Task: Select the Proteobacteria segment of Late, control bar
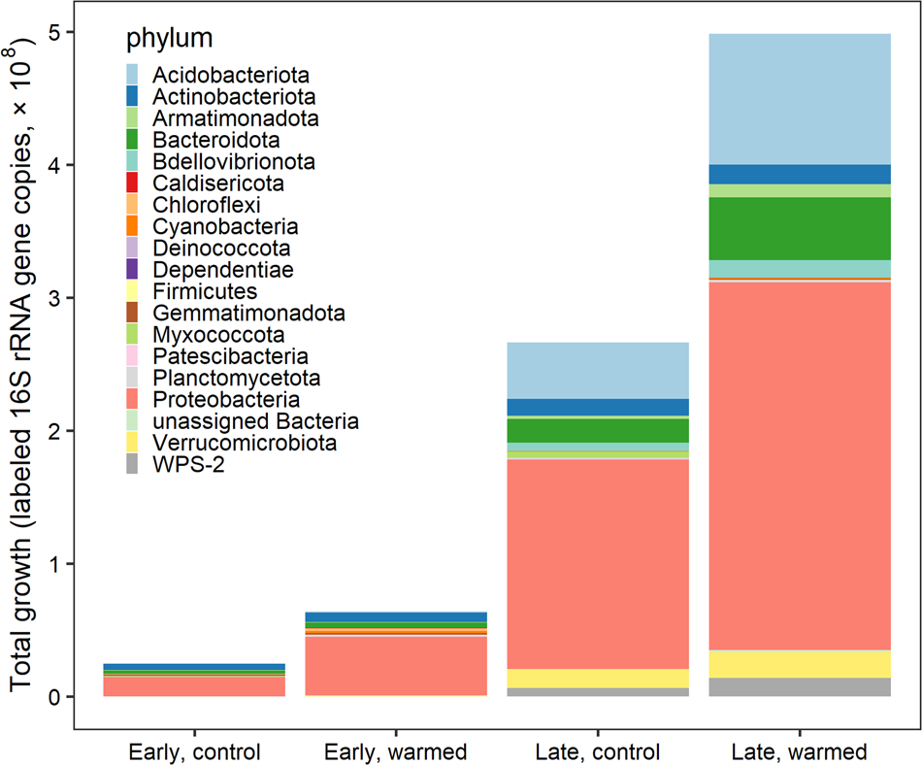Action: (598, 563)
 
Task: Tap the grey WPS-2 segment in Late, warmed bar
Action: (800, 686)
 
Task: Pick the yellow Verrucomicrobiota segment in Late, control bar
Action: (598, 679)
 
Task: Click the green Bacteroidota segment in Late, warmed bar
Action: (800, 228)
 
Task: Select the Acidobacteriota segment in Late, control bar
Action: (598, 370)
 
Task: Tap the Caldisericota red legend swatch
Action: (132, 183)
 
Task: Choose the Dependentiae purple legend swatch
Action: (132, 270)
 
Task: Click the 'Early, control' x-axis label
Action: (194, 752)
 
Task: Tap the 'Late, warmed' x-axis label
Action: (800, 752)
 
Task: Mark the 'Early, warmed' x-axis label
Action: (396, 752)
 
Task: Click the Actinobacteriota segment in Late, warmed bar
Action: (800, 174)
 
